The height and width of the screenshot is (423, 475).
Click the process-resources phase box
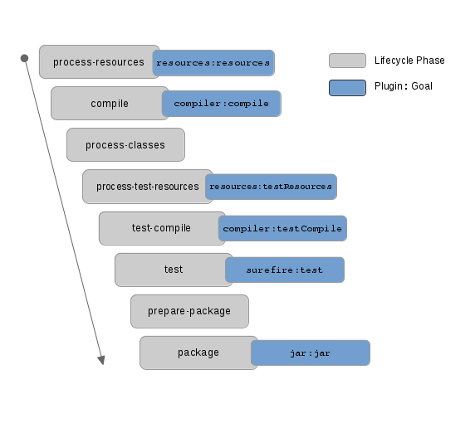pos(98,62)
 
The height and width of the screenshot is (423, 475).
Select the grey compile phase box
pos(109,104)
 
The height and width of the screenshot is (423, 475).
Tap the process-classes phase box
pos(125,145)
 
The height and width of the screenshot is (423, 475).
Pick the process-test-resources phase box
pos(143,187)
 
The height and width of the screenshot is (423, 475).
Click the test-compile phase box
pos(159,228)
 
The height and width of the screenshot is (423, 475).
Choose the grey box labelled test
pos(172,270)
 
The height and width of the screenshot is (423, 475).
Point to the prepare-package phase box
pos(189,311)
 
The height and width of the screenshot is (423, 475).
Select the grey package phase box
pos(197,352)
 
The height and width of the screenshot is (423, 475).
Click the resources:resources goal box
pos(214,63)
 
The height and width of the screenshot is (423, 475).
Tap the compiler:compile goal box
pos(222,104)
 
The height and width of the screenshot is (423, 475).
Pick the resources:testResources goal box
pos(271,187)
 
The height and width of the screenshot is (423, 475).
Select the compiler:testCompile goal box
pos(283,228)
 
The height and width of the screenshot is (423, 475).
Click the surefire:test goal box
pos(285,270)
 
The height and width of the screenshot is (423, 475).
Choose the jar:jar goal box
pos(311,352)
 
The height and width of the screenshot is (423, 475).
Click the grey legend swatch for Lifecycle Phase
pos(347,61)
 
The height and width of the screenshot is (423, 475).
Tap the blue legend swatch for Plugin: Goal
pos(347,87)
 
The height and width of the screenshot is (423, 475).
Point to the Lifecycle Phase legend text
pos(409,61)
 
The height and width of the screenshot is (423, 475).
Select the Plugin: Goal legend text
pos(404,86)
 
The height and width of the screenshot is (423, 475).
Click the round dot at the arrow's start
pos(24,58)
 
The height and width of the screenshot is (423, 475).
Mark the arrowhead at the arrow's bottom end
pos(101,360)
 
